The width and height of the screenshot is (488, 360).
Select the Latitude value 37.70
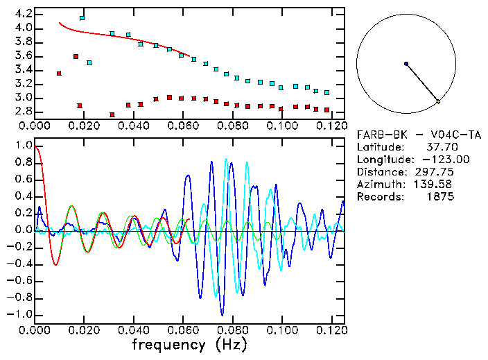tap(438, 147)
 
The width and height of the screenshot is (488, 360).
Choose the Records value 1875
tap(441, 197)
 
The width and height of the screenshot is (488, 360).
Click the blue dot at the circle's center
tap(406, 64)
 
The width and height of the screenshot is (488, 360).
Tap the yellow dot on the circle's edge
tap(438, 102)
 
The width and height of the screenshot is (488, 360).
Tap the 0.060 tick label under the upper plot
tap(182, 126)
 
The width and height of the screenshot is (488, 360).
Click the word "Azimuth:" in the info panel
tap(379, 185)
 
